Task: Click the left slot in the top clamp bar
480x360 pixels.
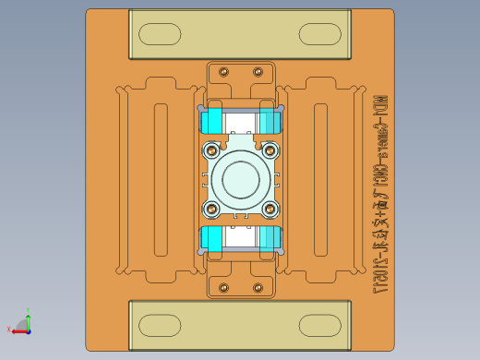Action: pos(160,36)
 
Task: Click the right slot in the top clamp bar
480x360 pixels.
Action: pos(320,36)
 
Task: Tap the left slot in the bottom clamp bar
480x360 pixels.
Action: pos(160,325)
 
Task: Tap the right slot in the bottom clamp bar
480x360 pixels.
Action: pos(320,325)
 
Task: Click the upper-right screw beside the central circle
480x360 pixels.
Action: pos(270,150)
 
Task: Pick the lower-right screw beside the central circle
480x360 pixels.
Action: pos(270,208)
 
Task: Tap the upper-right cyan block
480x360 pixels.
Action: pos(270,121)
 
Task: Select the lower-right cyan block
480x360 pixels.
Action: pos(270,237)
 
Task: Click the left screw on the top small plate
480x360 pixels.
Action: pos(223,70)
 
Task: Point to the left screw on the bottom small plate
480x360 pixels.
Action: pos(223,288)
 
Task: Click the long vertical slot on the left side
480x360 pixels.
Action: pos(161,179)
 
